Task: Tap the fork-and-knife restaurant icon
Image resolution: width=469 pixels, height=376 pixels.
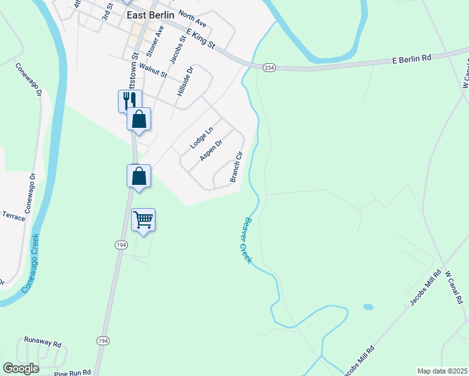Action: pos(130,100)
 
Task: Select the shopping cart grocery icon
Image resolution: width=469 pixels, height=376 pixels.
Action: pos(144,221)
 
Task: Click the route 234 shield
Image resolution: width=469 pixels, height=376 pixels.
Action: pos(269,68)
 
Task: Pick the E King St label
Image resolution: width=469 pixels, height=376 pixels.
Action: pos(200,37)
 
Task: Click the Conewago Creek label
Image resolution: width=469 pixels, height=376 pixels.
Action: pos(30,263)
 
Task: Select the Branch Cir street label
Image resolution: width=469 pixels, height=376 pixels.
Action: pos(236,167)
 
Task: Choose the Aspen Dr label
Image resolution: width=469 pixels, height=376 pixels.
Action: pos(211,150)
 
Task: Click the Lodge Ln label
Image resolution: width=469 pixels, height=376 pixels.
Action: pos(202,138)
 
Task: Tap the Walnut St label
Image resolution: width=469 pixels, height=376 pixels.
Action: pos(154,70)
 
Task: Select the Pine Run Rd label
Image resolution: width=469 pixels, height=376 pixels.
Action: pos(73,372)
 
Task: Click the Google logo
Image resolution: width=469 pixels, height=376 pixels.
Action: pos(21,368)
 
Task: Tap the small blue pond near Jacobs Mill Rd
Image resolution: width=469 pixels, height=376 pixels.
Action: pos(368,307)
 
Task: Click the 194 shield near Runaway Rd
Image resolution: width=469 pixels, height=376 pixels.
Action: pos(102,340)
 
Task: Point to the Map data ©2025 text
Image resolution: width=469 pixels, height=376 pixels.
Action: pos(441,371)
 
